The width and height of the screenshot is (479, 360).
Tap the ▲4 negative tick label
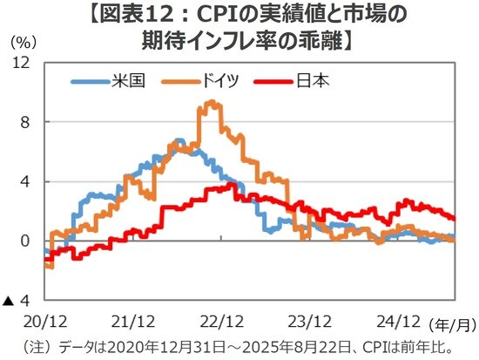(x=18, y=300)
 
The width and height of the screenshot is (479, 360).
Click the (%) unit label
(x=22, y=42)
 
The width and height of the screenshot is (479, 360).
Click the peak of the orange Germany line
(x=210, y=103)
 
